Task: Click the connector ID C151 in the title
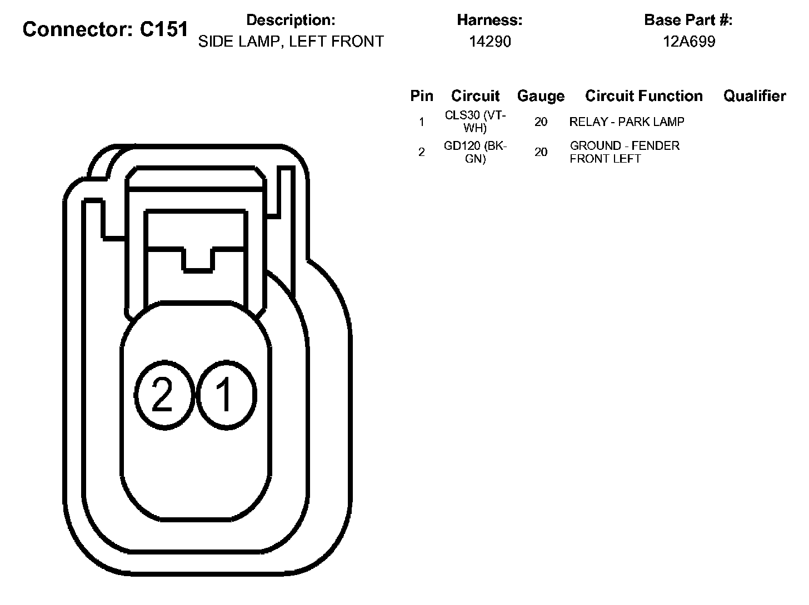pyautogui.click(x=164, y=29)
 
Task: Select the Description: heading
pyautogui.click(x=291, y=20)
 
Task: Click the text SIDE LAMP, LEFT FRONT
pyautogui.click(x=291, y=41)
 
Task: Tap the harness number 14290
pyautogui.click(x=490, y=41)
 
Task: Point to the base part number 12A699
pyautogui.click(x=689, y=41)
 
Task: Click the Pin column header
pyautogui.click(x=422, y=95)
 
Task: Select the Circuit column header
pyautogui.click(x=476, y=95)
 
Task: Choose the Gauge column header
pyautogui.click(x=541, y=96)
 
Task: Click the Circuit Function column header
pyautogui.click(x=644, y=95)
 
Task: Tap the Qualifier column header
pyautogui.click(x=755, y=95)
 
